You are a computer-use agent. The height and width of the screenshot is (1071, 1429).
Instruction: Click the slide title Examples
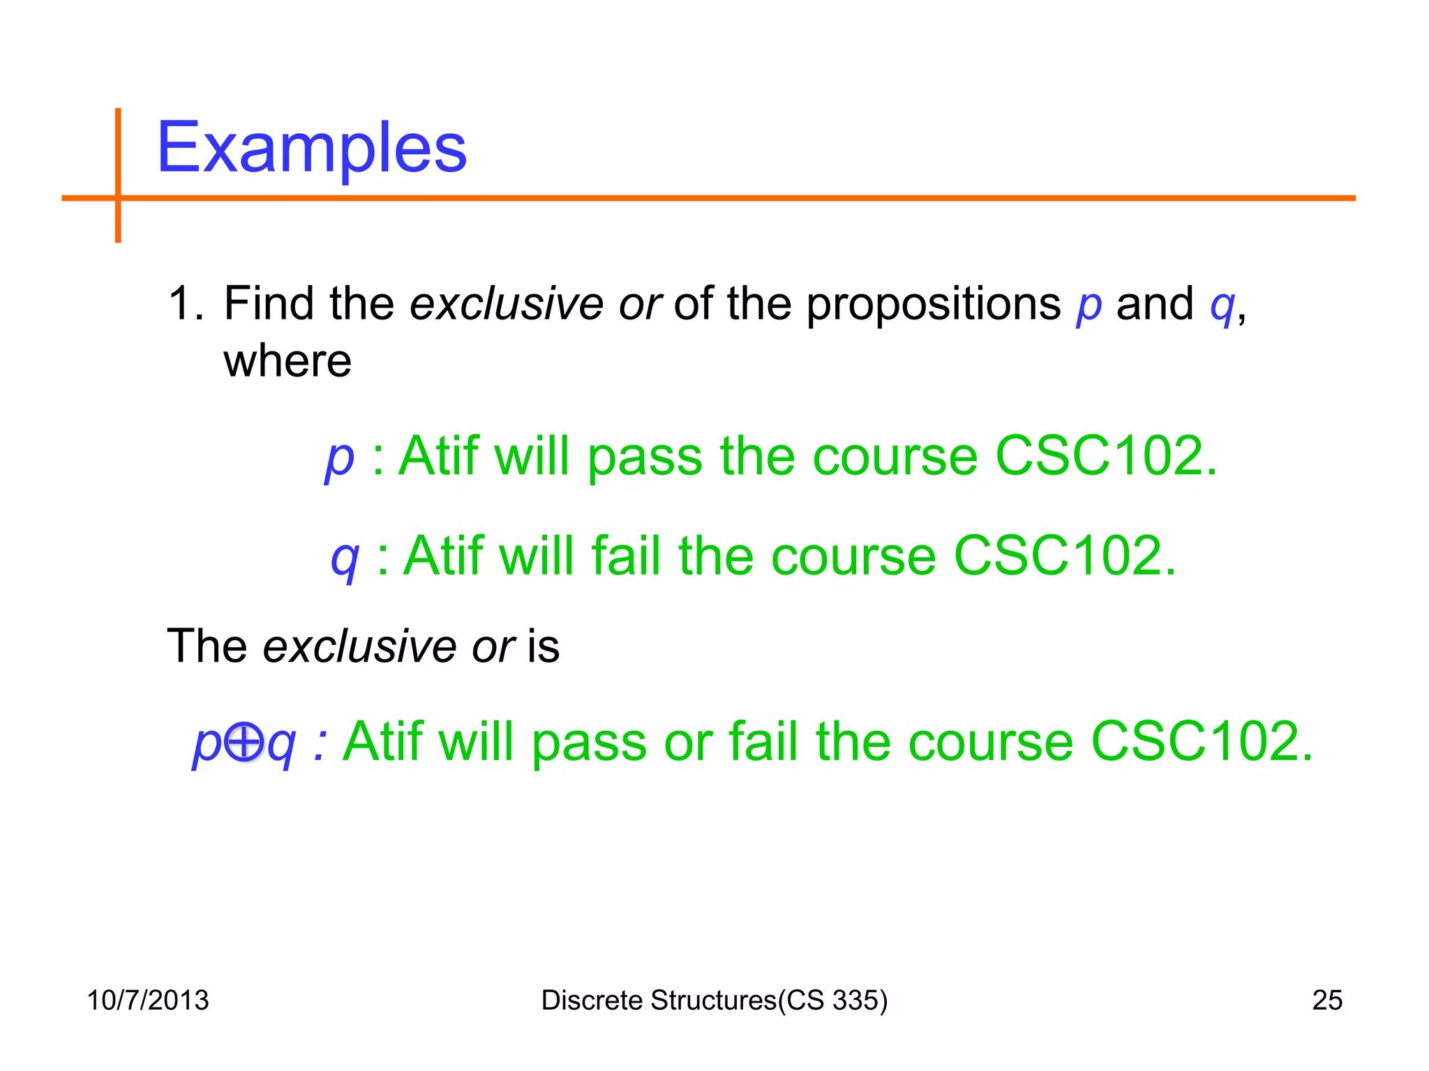point(311,148)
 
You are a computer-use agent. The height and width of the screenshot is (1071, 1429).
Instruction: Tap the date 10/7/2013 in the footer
point(147,1000)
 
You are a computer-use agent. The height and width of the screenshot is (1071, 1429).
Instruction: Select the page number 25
point(1327,1000)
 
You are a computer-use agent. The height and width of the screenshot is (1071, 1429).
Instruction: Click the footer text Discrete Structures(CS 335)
point(714,1000)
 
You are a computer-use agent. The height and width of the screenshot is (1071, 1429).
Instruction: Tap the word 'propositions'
point(934,304)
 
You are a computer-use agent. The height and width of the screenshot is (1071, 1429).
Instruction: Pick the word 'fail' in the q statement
point(626,556)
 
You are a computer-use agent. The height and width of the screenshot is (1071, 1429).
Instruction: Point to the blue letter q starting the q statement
point(345,559)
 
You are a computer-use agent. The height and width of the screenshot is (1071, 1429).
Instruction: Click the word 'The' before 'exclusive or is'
point(207,646)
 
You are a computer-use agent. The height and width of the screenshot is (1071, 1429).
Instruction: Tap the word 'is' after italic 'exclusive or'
point(544,646)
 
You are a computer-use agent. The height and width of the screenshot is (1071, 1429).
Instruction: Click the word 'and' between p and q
point(1155,304)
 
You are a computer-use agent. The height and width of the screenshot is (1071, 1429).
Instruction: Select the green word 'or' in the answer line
point(689,743)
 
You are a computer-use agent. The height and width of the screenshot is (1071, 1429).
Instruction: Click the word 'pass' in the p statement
point(644,457)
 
